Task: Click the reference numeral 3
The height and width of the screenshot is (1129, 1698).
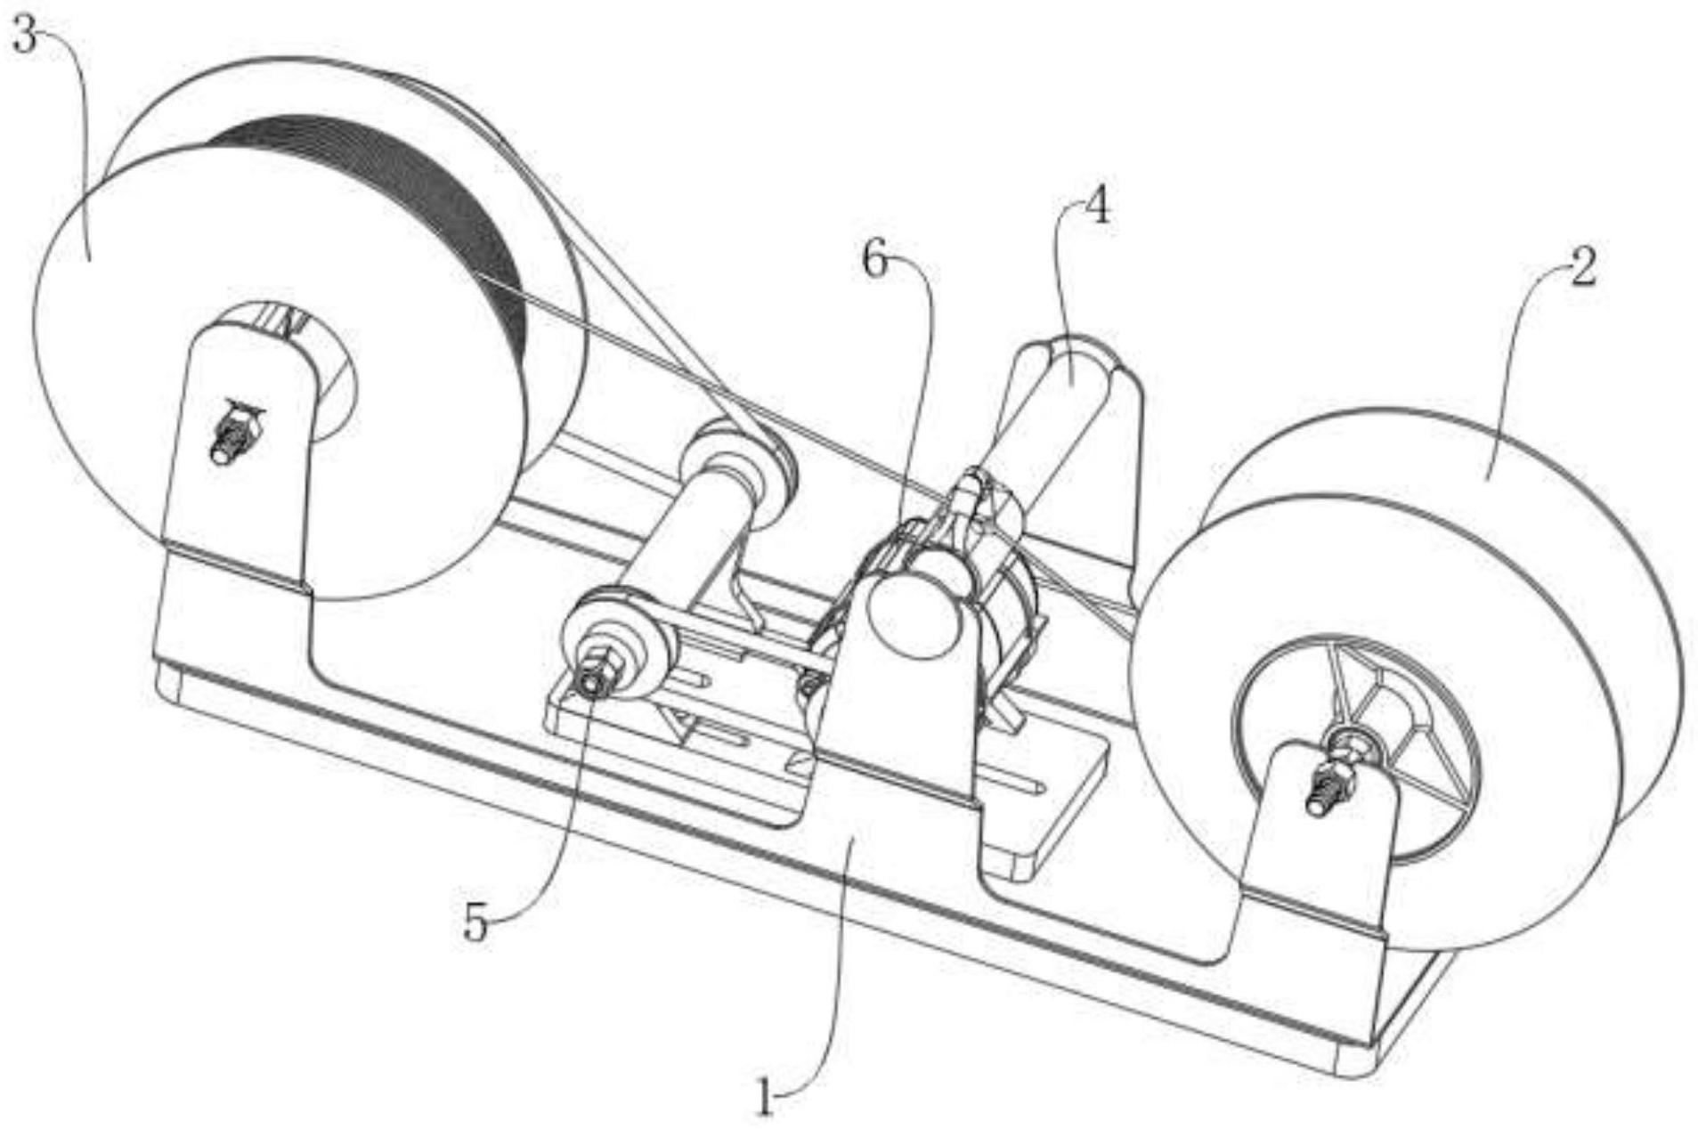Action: pyautogui.click(x=25, y=38)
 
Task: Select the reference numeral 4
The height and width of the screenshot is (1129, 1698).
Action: pyautogui.click(x=1098, y=208)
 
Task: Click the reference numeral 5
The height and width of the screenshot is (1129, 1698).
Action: pyautogui.click(x=476, y=924)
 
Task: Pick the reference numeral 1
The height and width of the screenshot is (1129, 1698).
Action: pyautogui.click(x=765, y=1097)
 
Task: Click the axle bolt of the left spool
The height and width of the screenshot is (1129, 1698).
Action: pyautogui.click(x=233, y=434)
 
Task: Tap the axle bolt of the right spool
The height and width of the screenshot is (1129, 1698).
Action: pyautogui.click(x=1332, y=784)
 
